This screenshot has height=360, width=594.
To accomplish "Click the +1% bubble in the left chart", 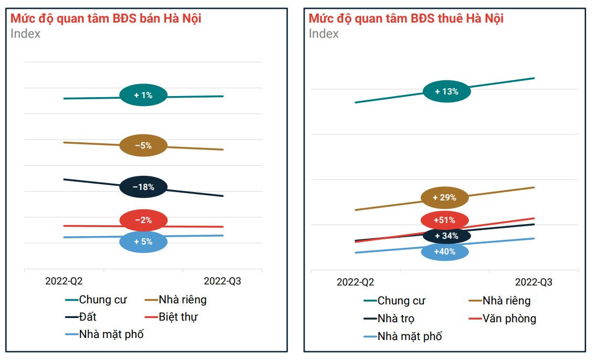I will pos(143,95).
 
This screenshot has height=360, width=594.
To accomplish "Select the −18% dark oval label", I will pos(143,187).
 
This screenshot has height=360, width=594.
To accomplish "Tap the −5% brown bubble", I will pos(143,145).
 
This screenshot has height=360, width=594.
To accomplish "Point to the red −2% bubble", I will pos(143,220).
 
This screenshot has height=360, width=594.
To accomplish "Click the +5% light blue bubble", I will pos(143,242).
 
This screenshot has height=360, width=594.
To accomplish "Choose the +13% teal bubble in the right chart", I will pos(446,91).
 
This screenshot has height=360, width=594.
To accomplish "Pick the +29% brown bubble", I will pos(444,198).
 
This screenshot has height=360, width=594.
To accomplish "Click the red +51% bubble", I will pos(444,220).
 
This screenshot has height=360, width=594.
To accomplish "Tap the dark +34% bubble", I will pos(446,236).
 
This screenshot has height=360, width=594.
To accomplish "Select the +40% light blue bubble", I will pos(444,251).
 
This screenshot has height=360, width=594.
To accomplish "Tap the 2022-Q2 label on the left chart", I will pos(64,281).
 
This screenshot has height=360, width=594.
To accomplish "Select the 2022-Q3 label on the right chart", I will pos(534,282).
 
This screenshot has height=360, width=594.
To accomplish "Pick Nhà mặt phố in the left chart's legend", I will pos(111,334).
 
